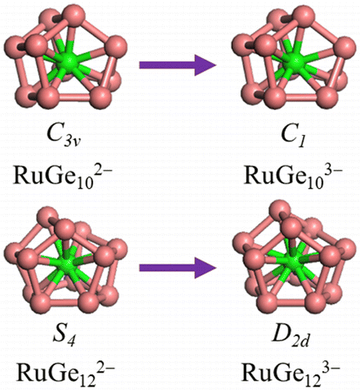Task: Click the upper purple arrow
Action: click(x=177, y=65)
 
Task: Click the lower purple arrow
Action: click(x=177, y=268)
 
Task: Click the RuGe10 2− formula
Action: click(x=63, y=174)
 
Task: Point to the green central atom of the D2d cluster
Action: click(x=295, y=261)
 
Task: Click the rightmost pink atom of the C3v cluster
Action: click(x=116, y=46)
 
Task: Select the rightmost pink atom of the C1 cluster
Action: click(x=345, y=48)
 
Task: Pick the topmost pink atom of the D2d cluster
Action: click(x=280, y=211)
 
